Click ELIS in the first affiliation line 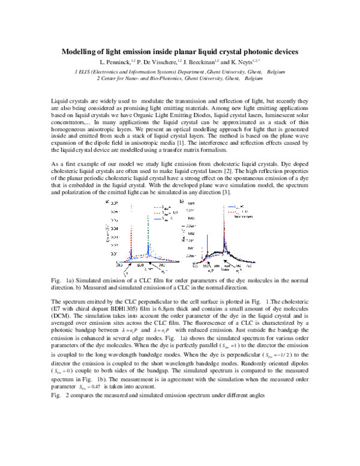coord(84,71)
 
